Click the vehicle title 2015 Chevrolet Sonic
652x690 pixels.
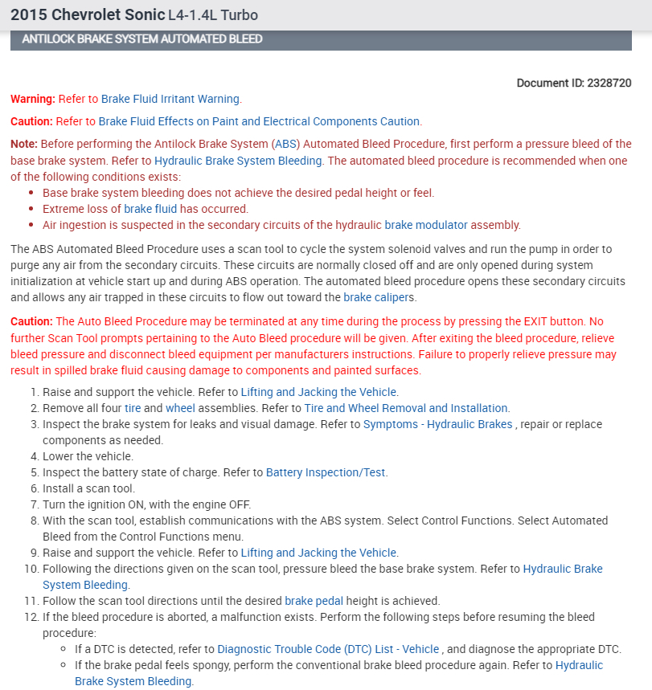point(87,15)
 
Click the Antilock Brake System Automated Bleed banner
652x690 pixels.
point(142,39)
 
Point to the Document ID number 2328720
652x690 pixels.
point(609,83)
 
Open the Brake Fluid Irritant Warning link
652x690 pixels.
point(170,99)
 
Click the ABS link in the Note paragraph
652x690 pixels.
point(285,144)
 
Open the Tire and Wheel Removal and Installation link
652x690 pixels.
point(406,408)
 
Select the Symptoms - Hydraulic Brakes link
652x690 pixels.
point(437,424)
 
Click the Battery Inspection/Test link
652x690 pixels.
point(326,472)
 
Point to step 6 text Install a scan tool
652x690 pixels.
point(88,488)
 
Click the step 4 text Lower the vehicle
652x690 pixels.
point(88,456)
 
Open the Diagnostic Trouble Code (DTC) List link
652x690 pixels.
point(328,649)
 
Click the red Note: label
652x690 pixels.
point(24,144)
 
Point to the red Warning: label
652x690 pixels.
point(32,99)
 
